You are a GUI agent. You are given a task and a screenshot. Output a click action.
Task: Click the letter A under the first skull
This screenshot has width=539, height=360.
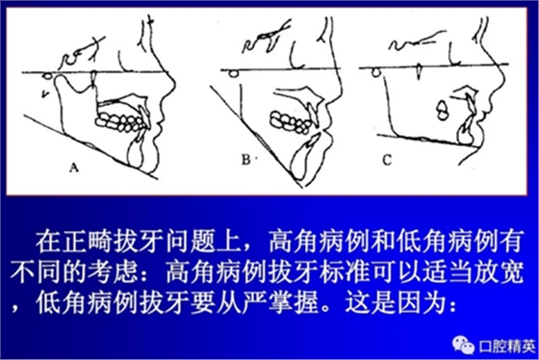(74, 167)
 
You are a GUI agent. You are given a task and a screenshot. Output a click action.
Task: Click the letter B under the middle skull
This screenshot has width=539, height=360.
(246, 160)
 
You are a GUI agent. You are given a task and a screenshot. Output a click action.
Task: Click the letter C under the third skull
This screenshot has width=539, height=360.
(387, 160)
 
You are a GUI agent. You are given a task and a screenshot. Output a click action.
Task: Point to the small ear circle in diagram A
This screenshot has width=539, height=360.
(48, 76)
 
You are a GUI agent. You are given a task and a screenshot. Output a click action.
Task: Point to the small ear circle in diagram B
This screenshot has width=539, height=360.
(234, 73)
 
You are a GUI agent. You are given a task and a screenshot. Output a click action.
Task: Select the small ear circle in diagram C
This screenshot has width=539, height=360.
(376, 72)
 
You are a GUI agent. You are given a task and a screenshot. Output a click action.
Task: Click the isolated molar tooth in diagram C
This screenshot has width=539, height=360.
(442, 110)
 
